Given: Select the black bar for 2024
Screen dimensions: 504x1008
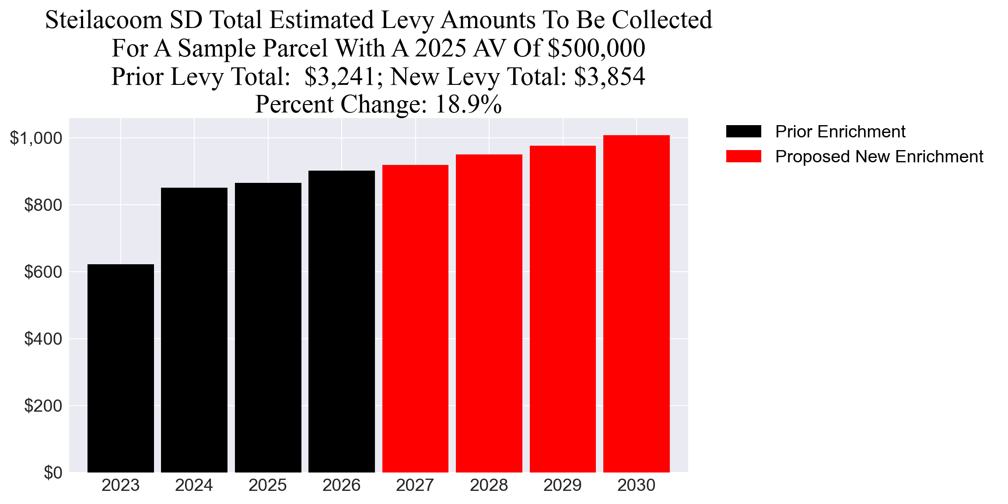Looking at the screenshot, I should (194, 330).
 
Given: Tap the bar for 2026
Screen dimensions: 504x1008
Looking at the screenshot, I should (341, 321).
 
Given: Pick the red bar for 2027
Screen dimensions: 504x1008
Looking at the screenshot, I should (415, 318).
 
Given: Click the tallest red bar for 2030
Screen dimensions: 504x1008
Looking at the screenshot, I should (636, 304).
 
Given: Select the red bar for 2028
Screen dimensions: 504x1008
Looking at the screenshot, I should (489, 313).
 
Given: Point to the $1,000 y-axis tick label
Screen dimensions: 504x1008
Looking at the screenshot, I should (36, 138).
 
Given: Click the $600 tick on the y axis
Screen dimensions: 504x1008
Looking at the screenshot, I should (43, 272).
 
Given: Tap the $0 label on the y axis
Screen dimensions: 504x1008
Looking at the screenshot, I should (52, 472).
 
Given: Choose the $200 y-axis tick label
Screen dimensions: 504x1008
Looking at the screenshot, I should (43, 406).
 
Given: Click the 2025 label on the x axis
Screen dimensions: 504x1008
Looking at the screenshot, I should (267, 485).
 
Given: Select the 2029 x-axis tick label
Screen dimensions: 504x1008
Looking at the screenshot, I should (562, 485).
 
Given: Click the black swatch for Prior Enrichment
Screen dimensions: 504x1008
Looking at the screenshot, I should (743, 131).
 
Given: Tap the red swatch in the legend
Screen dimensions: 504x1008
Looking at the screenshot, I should (743, 156).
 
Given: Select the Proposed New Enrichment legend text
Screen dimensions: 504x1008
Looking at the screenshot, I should (879, 157).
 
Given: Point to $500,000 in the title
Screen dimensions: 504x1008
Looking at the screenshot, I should (596, 48).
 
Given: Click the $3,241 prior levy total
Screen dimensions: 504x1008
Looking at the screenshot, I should (340, 77).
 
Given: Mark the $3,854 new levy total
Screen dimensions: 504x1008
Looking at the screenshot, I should (609, 77).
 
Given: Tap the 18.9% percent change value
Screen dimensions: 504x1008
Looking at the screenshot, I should (468, 105).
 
